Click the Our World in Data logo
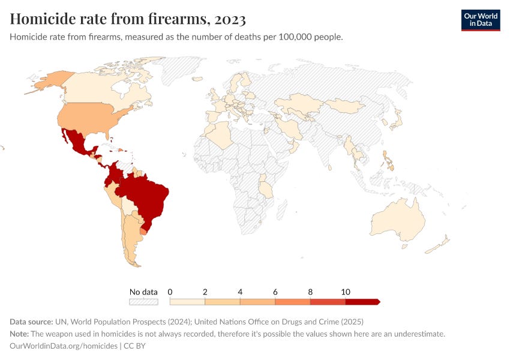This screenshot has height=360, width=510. tap(480, 20)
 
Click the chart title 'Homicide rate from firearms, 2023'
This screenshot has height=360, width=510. tap(128, 19)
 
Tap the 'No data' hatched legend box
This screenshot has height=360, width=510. tap(143, 302)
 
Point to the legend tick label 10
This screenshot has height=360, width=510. tap(346, 292)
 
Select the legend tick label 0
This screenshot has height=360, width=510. tap(170, 292)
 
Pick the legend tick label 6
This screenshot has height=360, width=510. tap(275, 292)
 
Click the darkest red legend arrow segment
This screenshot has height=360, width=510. tap(362, 302)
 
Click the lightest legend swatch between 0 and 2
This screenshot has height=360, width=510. tap(188, 302)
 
